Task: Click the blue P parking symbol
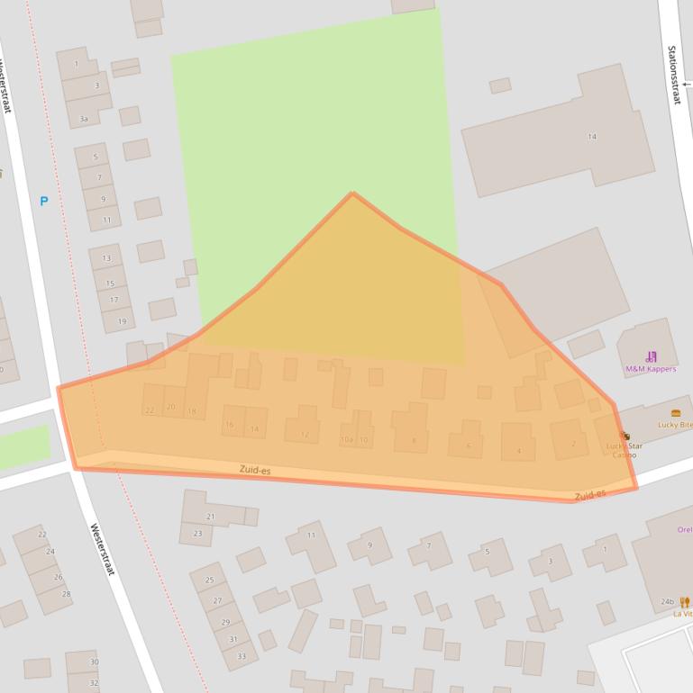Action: coord(43,201)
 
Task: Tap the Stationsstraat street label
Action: coord(673,75)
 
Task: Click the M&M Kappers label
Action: coord(651,369)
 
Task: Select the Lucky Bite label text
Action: coord(675,424)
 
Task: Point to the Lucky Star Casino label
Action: coord(624,450)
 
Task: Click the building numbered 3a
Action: coord(84,119)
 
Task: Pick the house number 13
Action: coord(106,258)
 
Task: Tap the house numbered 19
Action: coord(122,321)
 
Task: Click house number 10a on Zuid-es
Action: coord(347,440)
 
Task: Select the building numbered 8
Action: coord(414,440)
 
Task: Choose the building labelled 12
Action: coord(305,435)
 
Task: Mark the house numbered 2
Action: coord(573,443)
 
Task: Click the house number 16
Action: coord(230,425)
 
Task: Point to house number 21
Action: coord(210,517)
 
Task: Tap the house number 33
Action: coord(241,655)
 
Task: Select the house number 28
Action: coord(66,594)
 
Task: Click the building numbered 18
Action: coord(191,411)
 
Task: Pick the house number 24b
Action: coord(667,601)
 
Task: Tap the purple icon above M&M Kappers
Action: coord(651,356)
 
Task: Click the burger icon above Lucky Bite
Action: coord(676,413)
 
